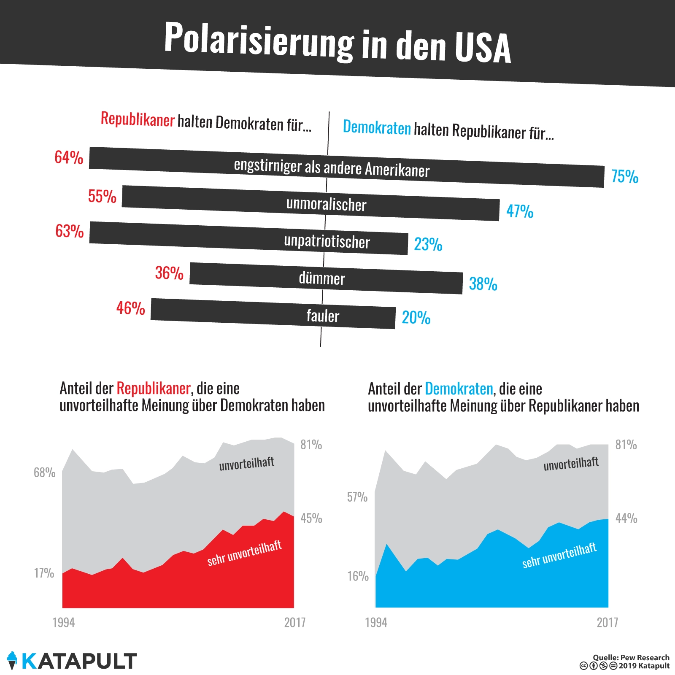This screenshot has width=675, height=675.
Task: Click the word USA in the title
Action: pos(483,47)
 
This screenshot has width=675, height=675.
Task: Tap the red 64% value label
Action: pos(69,157)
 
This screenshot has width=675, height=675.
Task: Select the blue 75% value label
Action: pos(625,176)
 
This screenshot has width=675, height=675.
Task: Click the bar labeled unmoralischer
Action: pos(310,203)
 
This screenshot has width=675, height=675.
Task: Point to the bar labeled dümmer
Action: pos(326,278)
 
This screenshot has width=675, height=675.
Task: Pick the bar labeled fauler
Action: pos(273,314)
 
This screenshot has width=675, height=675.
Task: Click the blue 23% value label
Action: pos(428,244)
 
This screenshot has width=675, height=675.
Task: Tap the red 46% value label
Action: pos(131,308)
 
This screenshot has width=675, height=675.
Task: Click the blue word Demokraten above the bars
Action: pos(377,127)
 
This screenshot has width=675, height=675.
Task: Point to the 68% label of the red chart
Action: pos(45,472)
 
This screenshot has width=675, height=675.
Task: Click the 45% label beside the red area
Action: pos(311,518)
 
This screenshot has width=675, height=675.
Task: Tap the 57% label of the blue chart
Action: pos(357,497)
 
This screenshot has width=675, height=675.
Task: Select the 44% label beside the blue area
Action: pos(626,518)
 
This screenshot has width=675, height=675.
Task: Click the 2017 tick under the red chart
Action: pos(295,622)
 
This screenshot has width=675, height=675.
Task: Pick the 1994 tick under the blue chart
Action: pos(376,622)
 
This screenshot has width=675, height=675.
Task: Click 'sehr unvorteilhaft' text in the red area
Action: pos(244,553)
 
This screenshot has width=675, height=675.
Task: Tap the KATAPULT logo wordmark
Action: pos(79,661)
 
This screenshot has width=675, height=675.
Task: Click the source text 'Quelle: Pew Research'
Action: pos(631,657)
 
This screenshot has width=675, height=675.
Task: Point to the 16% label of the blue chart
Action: pos(358,576)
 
